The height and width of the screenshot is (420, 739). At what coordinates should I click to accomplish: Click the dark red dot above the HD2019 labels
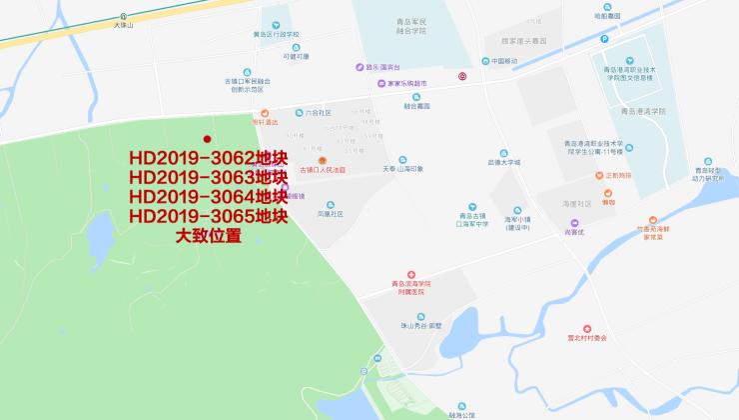[x=208, y=139]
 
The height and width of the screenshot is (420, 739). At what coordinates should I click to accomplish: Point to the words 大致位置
[x=209, y=236]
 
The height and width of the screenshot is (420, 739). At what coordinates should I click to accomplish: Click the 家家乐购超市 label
[x=406, y=83]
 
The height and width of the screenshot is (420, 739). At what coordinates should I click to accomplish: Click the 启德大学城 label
[x=504, y=161]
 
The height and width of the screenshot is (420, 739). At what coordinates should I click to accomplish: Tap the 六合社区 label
[x=318, y=113]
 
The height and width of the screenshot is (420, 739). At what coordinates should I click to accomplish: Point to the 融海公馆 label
[x=463, y=413]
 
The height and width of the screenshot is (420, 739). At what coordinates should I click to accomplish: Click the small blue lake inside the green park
[x=102, y=235]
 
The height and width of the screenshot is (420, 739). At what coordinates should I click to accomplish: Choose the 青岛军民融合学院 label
[x=402, y=25]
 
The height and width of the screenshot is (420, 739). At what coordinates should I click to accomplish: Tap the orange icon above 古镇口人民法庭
[x=322, y=161]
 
